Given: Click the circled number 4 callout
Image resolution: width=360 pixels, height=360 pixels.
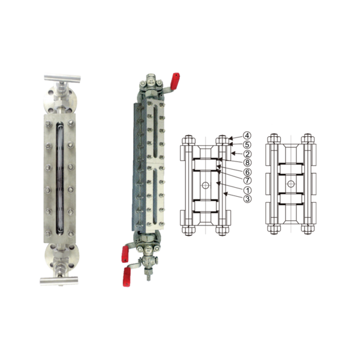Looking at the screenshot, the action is [x=247, y=136].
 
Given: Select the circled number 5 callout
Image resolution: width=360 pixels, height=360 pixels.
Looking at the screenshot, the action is [x=247, y=145].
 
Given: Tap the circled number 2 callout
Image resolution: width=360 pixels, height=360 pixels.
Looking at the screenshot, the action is [x=247, y=154].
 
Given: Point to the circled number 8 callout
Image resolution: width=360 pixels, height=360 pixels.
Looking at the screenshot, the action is [x=247, y=163].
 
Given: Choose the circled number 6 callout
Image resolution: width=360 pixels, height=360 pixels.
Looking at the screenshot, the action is [x=247, y=172].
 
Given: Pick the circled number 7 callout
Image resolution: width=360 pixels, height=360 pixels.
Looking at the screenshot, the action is [x=247, y=181].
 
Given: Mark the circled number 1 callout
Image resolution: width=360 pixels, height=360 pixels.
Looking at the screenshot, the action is [x=247, y=190].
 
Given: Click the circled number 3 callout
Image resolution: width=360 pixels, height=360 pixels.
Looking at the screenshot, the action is [x=247, y=199].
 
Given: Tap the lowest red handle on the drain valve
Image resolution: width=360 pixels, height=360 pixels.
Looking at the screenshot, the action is [x=126, y=277].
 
